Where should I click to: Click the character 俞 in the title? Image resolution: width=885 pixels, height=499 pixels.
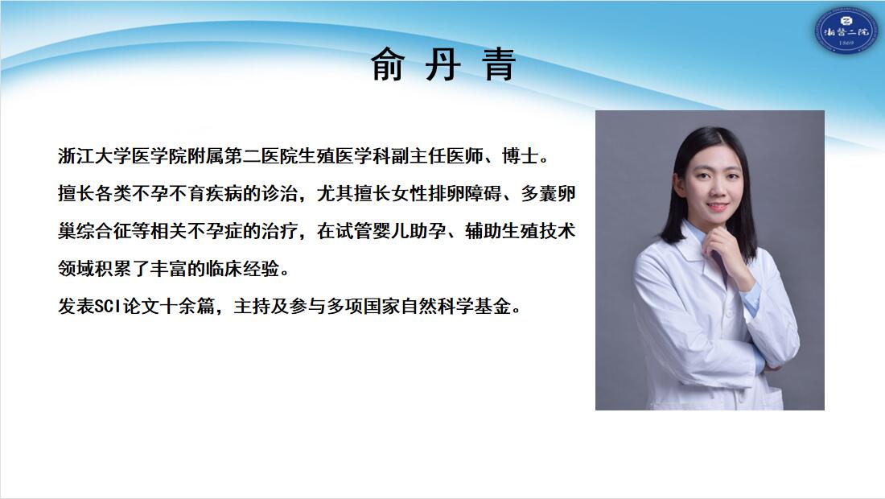[x=388, y=64]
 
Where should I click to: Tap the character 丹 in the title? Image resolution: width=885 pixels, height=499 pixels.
[x=443, y=64]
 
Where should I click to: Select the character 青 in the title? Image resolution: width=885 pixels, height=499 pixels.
[x=498, y=64]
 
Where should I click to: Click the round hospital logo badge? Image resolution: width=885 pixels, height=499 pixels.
[x=845, y=31]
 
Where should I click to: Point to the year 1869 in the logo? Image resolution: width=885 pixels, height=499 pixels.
[x=846, y=43]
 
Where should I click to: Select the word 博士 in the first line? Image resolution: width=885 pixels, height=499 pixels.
[x=520, y=156]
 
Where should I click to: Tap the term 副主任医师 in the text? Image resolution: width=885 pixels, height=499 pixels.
[x=437, y=156]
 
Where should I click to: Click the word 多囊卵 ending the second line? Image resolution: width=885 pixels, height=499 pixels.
[x=548, y=194]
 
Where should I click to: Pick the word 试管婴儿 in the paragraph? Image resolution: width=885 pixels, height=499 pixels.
[x=372, y=231]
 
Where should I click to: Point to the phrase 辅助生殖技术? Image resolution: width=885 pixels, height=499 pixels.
[x=521, y=231]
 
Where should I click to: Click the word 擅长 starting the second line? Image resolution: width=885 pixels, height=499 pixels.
[x=76, y=194]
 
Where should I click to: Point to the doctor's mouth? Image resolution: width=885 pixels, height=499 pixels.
[x=717, y=207]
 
